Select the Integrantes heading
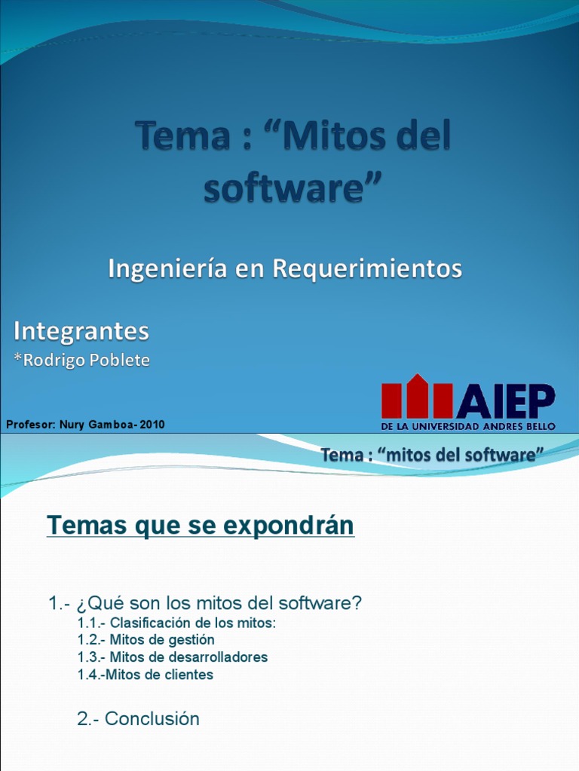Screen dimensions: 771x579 pyautogui.click(x=81, y=331)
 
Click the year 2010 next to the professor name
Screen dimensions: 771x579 pyautogui.click(x=152, y=425)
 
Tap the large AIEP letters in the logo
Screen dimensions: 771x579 pyautogui.click(x=505, y=401)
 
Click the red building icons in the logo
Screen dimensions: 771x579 pyautogui.click(x=417, y=397)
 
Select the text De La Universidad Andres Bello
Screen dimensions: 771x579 pyautogui.click(x=468, y=426)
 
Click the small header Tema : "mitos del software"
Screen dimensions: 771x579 pyautogui.click(x=432, y=455)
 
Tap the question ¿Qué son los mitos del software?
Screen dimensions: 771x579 pyautogui.click(x=205, y=602)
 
